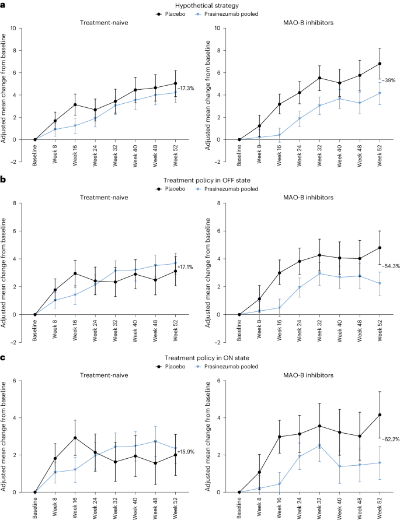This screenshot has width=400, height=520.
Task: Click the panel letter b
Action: [x=4, y=182]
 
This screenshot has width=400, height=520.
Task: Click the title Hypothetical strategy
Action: [x=200, y=4]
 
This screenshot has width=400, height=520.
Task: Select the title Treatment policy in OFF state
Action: [x=200, y=182]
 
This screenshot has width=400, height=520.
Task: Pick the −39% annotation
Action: [x=388, y=80]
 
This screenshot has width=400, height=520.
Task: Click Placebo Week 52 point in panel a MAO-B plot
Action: [x=380, y=64]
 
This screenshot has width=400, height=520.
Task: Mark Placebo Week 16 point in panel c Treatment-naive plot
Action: [x=75, y=437]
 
